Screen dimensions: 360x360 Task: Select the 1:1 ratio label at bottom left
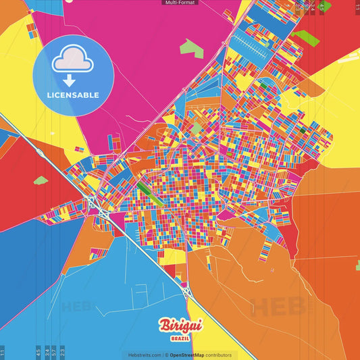(x=3, y=352)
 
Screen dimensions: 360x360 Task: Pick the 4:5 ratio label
(x=38, y=352)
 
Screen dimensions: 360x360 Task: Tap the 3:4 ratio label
(x=46, y=352)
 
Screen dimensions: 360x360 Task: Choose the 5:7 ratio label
(x=54, y=352)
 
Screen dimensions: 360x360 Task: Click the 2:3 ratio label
(x=62, y=352)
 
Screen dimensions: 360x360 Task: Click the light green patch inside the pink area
(x=192, y=49)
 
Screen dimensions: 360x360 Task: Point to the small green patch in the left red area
(x=41, y=180)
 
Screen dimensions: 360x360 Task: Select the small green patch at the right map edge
(x=358, y=265)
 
